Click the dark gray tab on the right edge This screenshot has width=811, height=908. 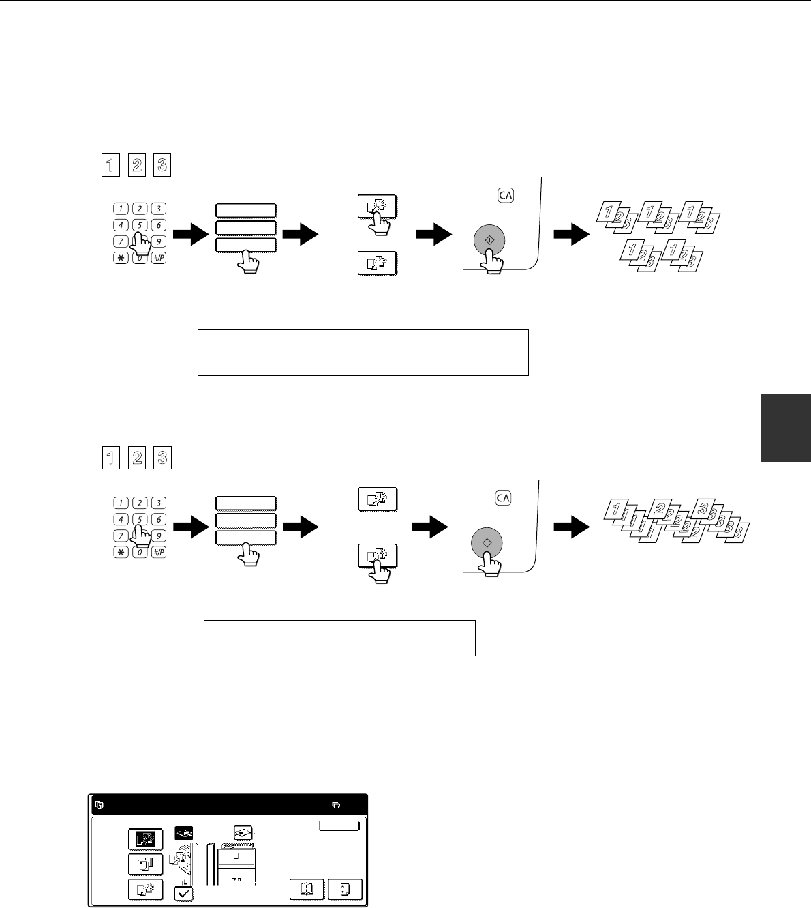pos(786,428)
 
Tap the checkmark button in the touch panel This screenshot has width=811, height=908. pos(183,894)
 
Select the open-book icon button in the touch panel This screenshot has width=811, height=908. pos(307,889)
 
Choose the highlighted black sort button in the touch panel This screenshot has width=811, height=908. pos(146,839)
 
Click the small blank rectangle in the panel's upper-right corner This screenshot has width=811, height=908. pos(339,825)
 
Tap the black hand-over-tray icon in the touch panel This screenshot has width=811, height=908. pos(183,833)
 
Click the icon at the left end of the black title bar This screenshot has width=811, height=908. pos(100,805)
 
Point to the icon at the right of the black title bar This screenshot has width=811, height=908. pos(336,805)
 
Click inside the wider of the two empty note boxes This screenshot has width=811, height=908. pos(363,353)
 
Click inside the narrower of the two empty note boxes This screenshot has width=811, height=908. pos(339,639)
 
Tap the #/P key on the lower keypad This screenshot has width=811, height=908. pos(159,552)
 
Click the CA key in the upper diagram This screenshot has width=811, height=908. pos(506,195)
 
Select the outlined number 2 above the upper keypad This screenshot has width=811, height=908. pos(137,165)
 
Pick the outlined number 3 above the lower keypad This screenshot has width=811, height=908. pos(163,458)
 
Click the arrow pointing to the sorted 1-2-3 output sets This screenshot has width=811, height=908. pos(571,234)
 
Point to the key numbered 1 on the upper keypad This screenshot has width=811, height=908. pos(121,208)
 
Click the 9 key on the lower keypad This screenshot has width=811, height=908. pos(159,536)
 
